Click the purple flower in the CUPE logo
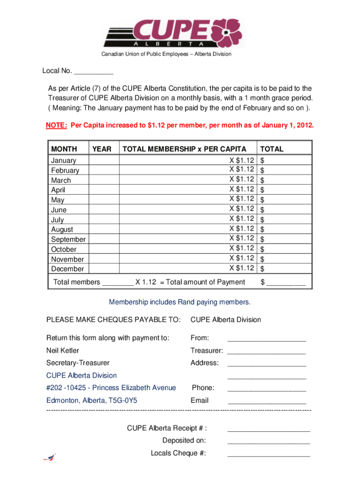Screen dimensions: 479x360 [x=228, y=32]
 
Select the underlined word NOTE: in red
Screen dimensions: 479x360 [x=57, y=126]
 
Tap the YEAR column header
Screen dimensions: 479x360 [x=102, y=149]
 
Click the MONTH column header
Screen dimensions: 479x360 [x=64, y=149]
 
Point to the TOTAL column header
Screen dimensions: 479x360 [x=272, y=149]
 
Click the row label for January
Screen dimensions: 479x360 [x=64, y=160]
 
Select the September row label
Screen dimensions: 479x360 [x=68, y=239]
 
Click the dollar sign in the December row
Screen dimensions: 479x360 [x=262, y=269]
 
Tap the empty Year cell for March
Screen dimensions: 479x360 [x=103, y=180]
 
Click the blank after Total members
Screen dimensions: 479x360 [x=117, y=283]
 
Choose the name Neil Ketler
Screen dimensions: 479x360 [x=63, y=350]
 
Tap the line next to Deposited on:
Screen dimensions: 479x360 [x=268, y=441]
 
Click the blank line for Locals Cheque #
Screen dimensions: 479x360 [x=268, y=454]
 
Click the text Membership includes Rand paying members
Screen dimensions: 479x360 [x=180, y=302]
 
